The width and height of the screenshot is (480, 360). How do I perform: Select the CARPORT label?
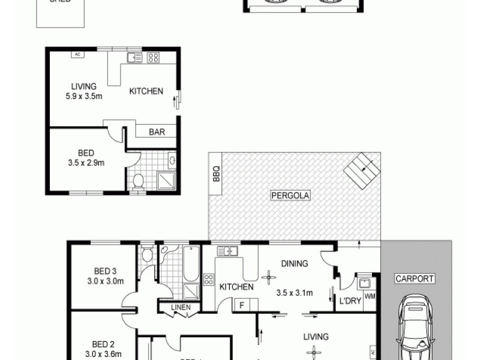tap(414, 278)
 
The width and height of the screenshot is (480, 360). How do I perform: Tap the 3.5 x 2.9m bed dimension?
tap(87, 163)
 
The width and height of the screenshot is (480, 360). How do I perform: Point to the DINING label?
tap(293, 263)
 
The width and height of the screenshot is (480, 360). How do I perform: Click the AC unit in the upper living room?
tap(77, 55)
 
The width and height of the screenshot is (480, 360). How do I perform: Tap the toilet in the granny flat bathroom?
tap(137, 180)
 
